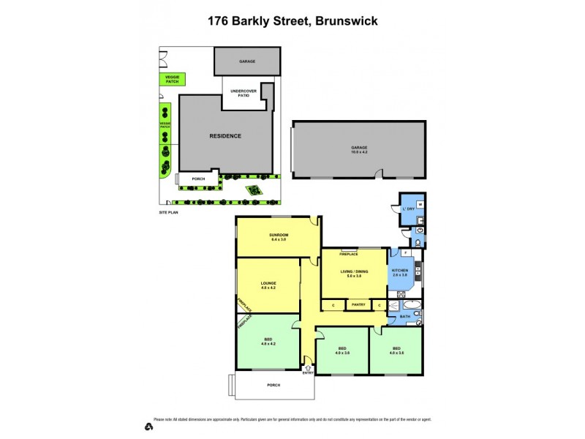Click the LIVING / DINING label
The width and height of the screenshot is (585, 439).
coord(355,273)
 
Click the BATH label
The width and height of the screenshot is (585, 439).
coord(404,317)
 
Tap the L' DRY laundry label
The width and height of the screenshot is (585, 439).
coord(408,209)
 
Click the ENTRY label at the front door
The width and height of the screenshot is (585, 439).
coord(308,373)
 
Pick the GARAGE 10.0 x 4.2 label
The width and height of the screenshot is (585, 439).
coord(358,149)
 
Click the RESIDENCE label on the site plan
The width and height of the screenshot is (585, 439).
coord(225,136)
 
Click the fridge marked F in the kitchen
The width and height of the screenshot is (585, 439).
coord(405,253)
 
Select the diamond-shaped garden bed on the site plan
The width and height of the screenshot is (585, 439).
coord(253,190)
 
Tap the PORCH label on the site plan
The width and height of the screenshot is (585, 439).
coord(198,178)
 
